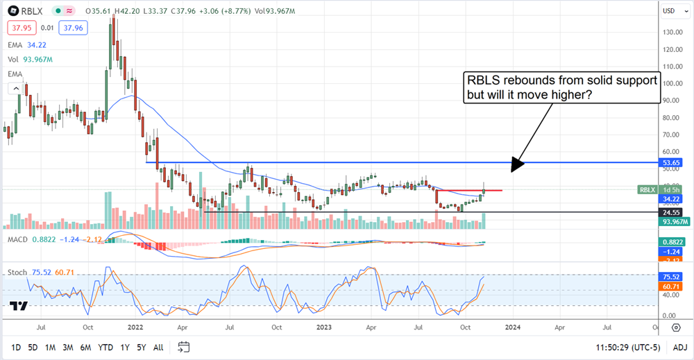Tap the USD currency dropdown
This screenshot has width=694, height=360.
point(670,11)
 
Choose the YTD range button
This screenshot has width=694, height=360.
point(105,347)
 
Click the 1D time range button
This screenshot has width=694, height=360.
point(16,347)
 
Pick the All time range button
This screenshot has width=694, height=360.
point(158,347)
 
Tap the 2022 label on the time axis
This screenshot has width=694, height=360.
point(136,325)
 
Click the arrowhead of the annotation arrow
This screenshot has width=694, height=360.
point(513,169)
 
